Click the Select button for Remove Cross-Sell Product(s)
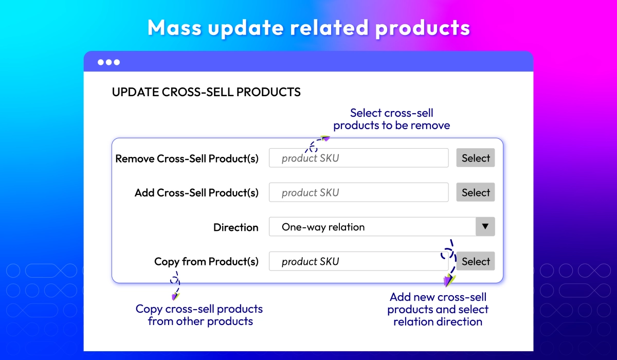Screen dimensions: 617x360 pyautogui.click(x=476, y=158)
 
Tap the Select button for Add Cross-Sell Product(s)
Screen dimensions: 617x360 pyautogui.click(x=476, y=192)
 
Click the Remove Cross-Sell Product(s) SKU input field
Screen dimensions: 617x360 pyautogui.click(x=359, y=158)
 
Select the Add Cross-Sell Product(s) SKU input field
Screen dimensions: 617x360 pyautogui.click(x=359, y=192)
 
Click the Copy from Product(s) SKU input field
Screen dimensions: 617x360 pyautogui.click(x=359, y=261)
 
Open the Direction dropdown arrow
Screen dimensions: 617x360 pyautogui.click(x=485, y=226)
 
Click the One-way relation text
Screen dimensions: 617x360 pyautogui.click(x=323, y=227)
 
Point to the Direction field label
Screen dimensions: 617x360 pyautogui.click(x=236, y=227)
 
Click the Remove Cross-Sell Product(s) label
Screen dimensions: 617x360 pyautogui.click(x=187, y=158)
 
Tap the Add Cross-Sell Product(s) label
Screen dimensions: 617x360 pyautogui.click(x=196, y=193)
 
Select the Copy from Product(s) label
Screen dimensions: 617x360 pyautogui.click(x=206, y=261)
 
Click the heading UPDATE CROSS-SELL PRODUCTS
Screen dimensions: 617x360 pyautogui.click(x=206, y=92)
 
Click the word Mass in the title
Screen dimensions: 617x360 pyautogui.click(x=174, y=28)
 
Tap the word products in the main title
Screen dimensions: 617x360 pyautogui.click(x=423, y=28)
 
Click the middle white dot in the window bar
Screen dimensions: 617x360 pyautogui.click(x=109, y=62)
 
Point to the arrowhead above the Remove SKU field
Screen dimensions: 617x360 pyautogui.click(x=325, y=138)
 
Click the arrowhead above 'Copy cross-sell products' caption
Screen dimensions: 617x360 pyautogui.click(x=175, y=296)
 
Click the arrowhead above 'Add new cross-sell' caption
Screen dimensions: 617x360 pyautogui.click(x=449, y=280)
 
